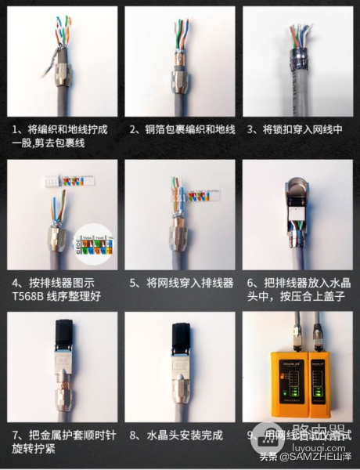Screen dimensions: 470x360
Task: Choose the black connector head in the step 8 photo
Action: [x=179, y=338]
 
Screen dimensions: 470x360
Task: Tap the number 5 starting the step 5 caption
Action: [x=133, y=282]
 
